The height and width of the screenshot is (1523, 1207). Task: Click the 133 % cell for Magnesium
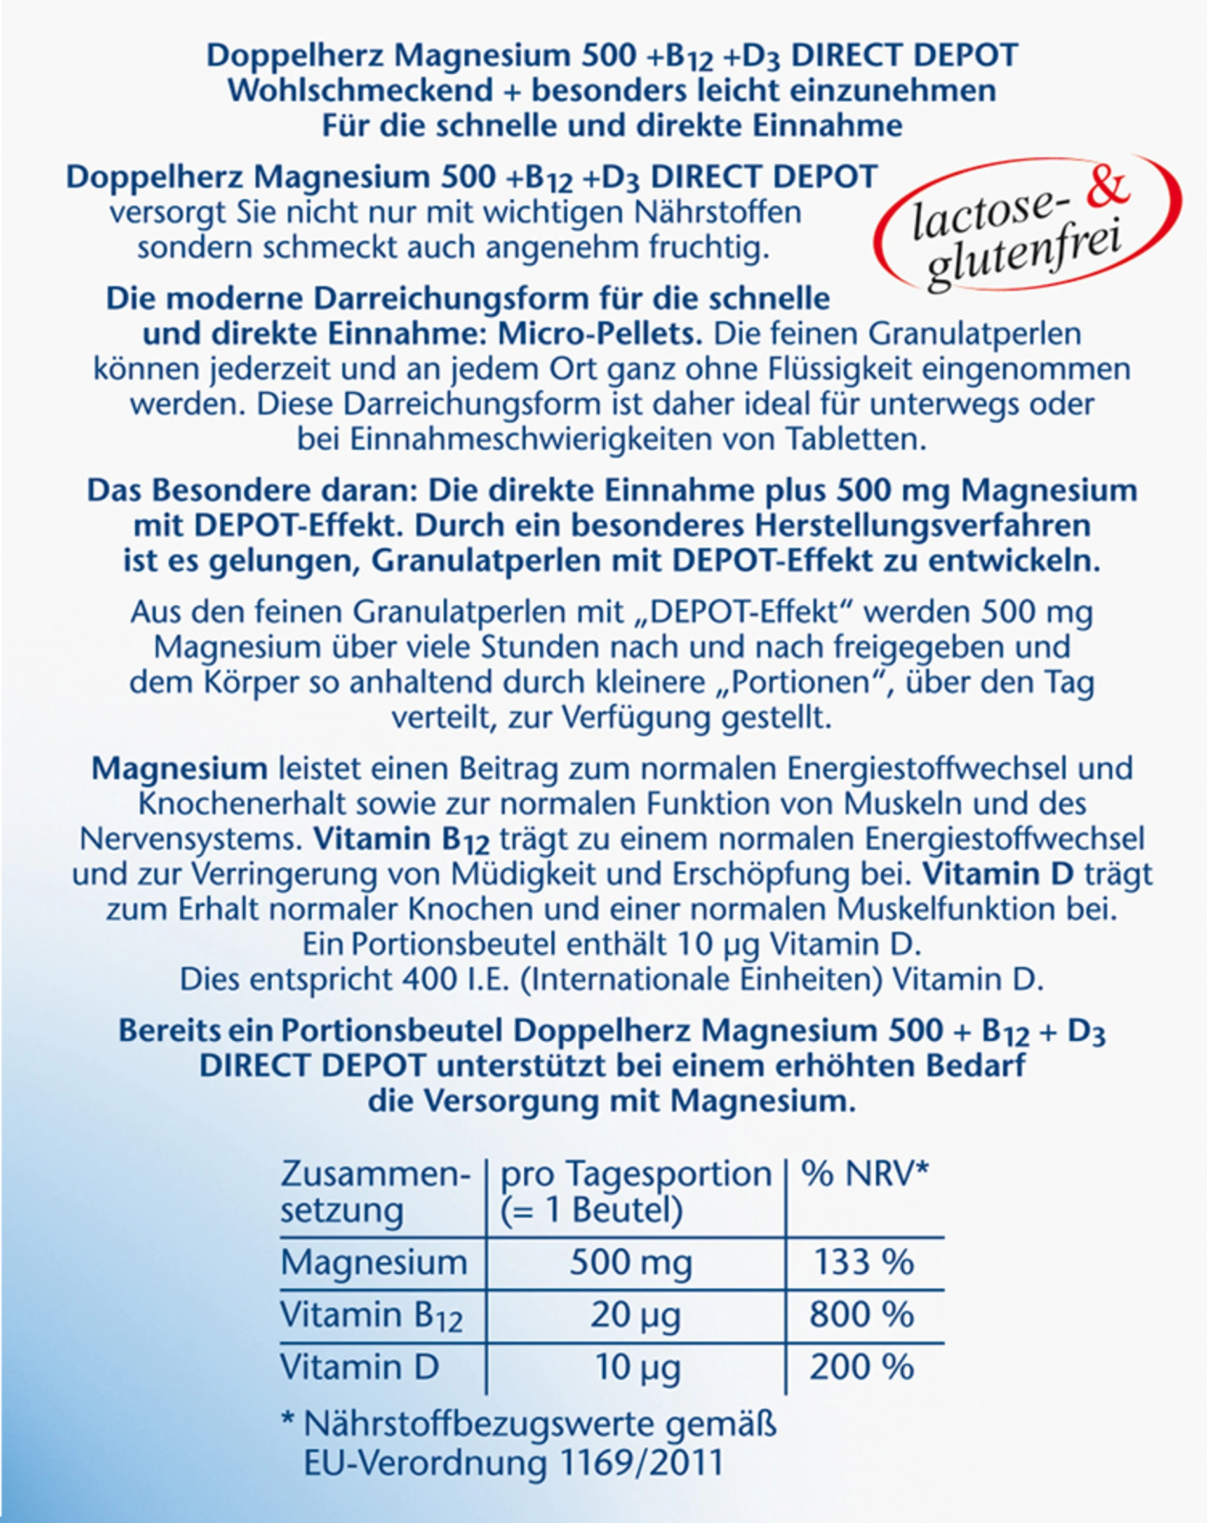click(864, 1262)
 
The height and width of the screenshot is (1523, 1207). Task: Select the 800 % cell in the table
click(862, 1315)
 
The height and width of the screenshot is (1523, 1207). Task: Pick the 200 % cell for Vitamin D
click(862, 1368)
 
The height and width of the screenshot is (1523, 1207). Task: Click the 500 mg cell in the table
click(630, 1262)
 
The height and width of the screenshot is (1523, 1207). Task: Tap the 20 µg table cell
click(636, 1315)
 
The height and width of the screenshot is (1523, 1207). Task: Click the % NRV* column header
click(864, 1175)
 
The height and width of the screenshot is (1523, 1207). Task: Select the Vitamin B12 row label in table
click(371, 1316)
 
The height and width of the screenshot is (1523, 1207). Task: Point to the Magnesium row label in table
click(374, 1262)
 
